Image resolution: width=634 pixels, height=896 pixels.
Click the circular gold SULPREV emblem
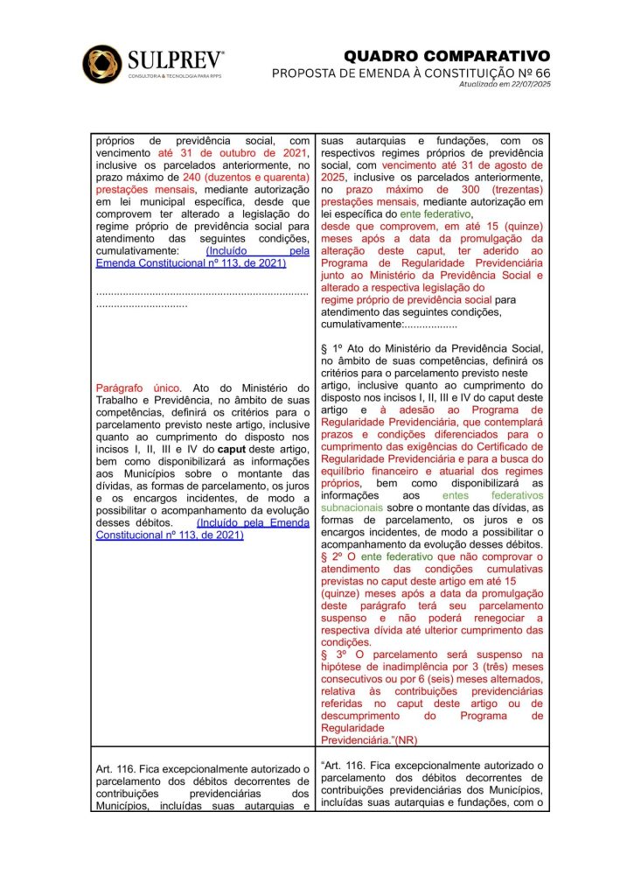[102, 64]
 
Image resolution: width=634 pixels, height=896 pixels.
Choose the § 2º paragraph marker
[332, 557]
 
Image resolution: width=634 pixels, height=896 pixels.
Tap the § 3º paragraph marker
[332, 654]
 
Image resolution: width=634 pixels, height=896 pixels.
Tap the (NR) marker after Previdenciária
[406, 739]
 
